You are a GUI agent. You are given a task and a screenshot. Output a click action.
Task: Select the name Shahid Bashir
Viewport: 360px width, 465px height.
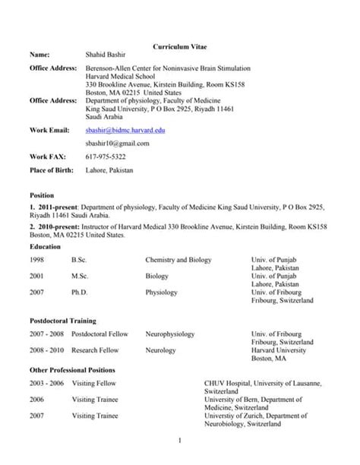pyautogui.click(x=109, y=55)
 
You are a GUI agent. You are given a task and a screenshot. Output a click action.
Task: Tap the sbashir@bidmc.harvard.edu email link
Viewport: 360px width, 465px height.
pyautogui.click(x=125, y=131)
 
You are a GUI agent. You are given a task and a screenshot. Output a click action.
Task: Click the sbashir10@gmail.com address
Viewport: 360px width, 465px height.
pyautogui.click(x=118, y=143)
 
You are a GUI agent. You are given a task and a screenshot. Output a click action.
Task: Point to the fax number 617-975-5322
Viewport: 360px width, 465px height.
pyautogui.click(x=107, y=157)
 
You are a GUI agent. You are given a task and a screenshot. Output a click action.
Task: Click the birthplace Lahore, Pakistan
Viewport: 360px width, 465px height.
pyautogui.click(x=111, y=170)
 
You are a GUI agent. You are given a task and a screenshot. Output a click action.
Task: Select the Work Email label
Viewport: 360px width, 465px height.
pyautogui.click(x=49, y=131)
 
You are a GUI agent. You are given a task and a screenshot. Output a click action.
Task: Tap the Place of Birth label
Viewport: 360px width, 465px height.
pyautogui.click(x=51, y=170)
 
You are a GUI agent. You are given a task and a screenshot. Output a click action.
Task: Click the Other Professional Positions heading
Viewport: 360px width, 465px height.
pyautogui.click(x=72, y=369)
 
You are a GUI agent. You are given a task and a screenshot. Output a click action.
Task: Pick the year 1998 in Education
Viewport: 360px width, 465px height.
pyautogui.click(x=38, y=260)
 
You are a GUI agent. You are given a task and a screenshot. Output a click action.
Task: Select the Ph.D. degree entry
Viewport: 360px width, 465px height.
pyautogui.click(x=80, y=291)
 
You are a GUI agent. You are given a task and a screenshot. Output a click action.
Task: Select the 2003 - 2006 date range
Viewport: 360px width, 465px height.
pyautogui.click(x=45, y=382)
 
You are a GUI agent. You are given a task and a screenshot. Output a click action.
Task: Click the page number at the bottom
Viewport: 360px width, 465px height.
pyautogui.click(x=180, y=441)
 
